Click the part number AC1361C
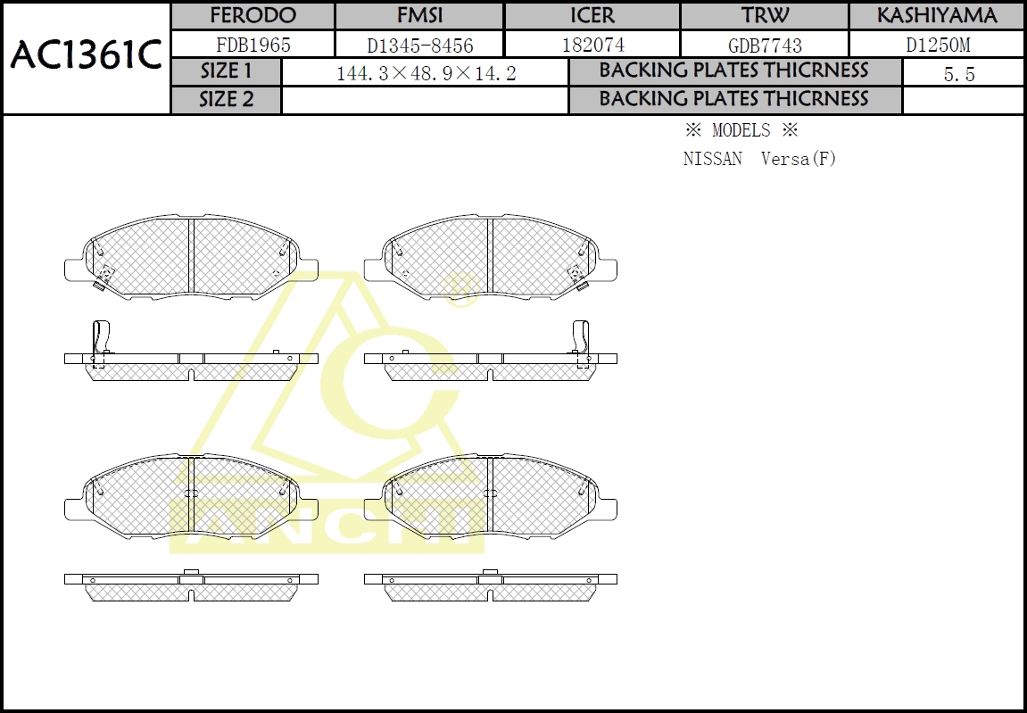[86, 56]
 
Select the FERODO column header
[253, 16]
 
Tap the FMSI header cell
[419, 16]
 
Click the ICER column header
[592, 16]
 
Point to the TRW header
[764, 16]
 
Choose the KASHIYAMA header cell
[936, 16]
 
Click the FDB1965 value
[253, 45]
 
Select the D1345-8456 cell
[419, 45]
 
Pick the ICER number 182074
[592, 45]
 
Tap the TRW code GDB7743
[765, 45]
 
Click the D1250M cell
[937, 45]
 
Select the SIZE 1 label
[226, 72]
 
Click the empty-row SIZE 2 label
[226, 100]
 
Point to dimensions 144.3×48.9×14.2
[426, 74]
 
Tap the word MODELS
[741, 130]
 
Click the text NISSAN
[712, 160]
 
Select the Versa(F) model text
[799, 160]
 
